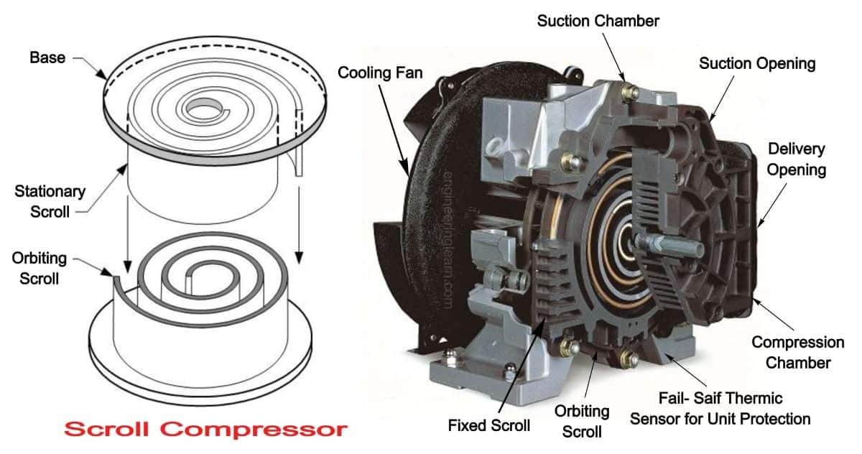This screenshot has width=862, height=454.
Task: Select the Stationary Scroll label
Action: [50, 202]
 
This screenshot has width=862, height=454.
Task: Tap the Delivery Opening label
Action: [796, 160]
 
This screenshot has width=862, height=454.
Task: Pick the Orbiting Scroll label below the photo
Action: [581, 421]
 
